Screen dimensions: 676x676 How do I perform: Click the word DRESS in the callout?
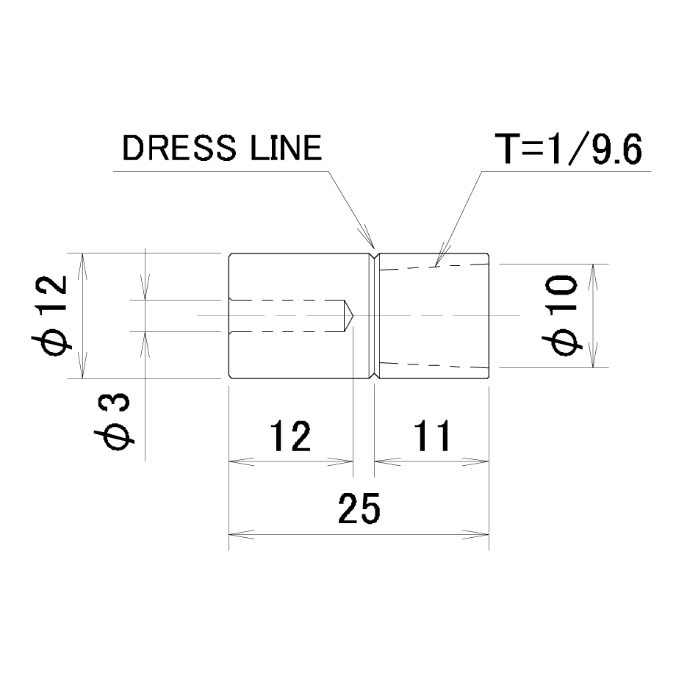tap(179, 148)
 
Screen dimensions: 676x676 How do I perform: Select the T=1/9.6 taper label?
tap(568, 148)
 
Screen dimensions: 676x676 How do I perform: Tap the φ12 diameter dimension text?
tap(50, 315)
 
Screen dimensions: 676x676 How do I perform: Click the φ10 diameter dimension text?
tap(560, 315)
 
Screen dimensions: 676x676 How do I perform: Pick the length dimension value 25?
tap(359, 508)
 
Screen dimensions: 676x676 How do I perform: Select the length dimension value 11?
tap(432, 436)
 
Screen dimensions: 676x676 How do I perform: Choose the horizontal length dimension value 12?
tap(290, 436)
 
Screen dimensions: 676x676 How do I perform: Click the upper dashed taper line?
tap(434, 267)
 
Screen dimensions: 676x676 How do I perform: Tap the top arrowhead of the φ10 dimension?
tap(593, 276)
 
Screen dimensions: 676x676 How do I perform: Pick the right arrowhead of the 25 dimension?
tap(476, 535)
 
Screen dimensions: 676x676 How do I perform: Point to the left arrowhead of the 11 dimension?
tap(387, 461)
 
